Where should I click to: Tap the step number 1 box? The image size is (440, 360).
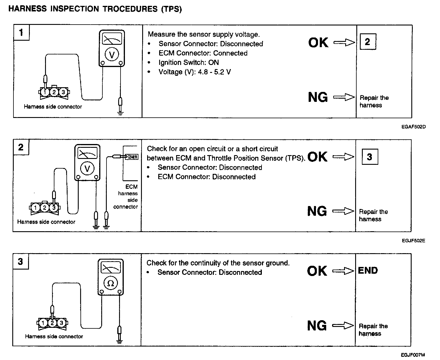(x=21, y=32)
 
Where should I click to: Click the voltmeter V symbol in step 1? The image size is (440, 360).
(x=111, y=55)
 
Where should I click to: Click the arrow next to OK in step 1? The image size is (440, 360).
(x=344, y=43)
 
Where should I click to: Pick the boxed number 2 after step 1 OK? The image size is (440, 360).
(x=367, y=42)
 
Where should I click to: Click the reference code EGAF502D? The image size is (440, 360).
(x=413, y=127)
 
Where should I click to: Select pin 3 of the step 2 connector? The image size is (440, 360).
(x=54, y=208)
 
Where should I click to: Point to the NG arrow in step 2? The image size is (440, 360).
(x=343, y=211)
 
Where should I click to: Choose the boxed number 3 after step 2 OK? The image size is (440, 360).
(x=369, y=157)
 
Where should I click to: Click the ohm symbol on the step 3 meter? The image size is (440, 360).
(x=111, y=283)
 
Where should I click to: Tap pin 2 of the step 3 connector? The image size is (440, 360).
(x=52, y=323)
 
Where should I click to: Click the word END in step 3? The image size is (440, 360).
(x=368, y=270)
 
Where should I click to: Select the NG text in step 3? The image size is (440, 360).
(x=317, y=326)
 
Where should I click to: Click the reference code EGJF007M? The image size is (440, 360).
(x=413, y=355)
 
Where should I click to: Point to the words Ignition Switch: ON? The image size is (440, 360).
(x=189, y=63)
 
